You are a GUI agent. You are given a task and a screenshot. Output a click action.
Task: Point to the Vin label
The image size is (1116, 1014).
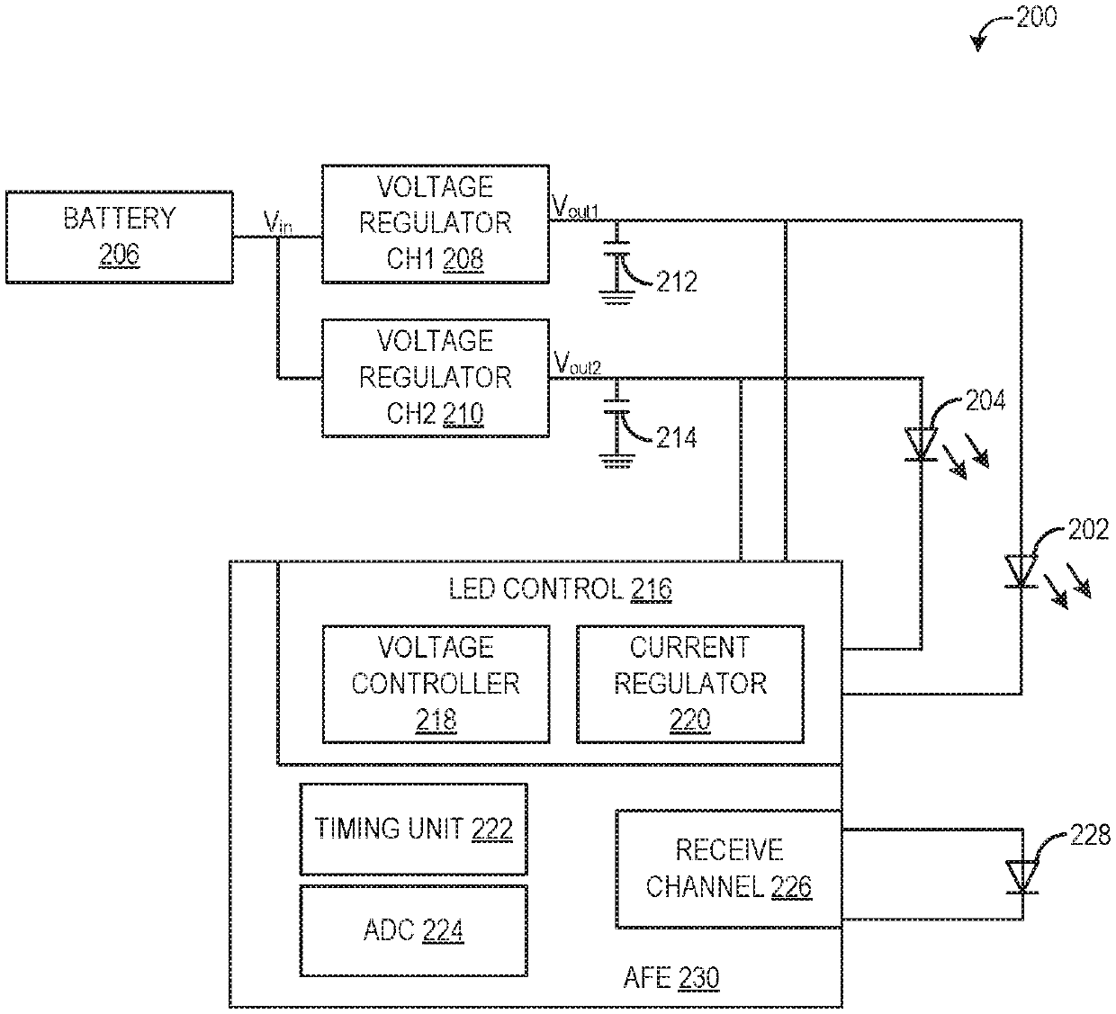(x=277, y=222)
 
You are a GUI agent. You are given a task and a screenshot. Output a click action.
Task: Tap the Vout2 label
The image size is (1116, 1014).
(x=578, y=363)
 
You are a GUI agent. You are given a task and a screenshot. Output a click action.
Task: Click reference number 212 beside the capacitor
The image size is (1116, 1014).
(x=677, y=282)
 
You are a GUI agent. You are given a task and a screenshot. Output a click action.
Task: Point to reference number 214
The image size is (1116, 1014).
(x=677, y=438)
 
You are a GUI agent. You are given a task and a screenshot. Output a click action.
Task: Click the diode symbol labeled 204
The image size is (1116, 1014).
(x=921, y=444)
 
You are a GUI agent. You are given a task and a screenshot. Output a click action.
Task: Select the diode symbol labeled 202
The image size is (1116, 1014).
(x=1021, y=571)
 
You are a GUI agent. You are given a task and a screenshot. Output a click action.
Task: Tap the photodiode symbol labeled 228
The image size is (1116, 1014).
(x=1022, y=877)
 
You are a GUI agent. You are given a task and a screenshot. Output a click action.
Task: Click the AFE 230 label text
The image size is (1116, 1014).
(x=670, y=977)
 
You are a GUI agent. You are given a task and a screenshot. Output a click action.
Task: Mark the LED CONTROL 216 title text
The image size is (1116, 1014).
(x=560, y=589)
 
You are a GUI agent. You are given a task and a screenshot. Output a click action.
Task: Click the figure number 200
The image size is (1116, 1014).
(x=1037, y=17)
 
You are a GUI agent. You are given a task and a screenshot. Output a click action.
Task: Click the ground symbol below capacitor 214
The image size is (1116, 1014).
(x=616, y=461)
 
